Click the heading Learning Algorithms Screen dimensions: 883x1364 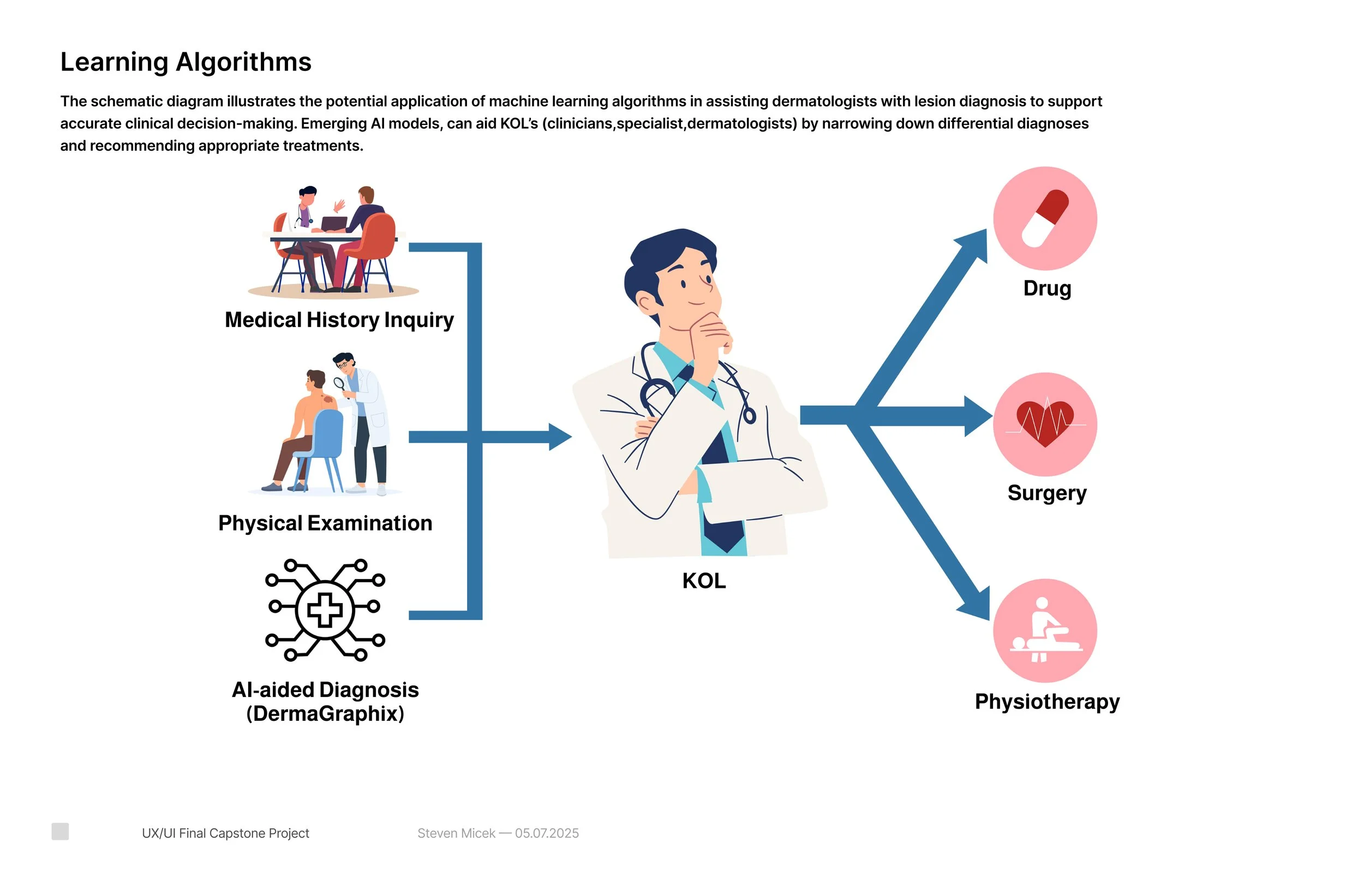coord(186,62)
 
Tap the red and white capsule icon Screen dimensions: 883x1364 coord(1045,218)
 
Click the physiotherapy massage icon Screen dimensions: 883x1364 coord(1045,631)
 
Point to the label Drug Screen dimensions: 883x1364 coord(1047,288)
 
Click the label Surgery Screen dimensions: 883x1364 coord(1046,493)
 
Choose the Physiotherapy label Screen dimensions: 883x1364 coord(1047,701)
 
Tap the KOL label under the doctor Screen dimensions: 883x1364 coord(704,581)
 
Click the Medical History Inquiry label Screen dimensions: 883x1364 coord(339,320)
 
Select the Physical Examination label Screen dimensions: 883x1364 coord(325,523)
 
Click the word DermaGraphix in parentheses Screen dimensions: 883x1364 coord(325,714)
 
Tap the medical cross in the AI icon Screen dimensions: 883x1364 coord(325,610)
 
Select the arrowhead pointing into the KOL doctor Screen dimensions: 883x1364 coord(559,437)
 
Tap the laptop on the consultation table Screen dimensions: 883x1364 coord(333,223)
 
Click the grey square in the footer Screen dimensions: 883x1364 coord(60,831)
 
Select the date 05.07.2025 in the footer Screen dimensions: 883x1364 coord(547,833)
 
